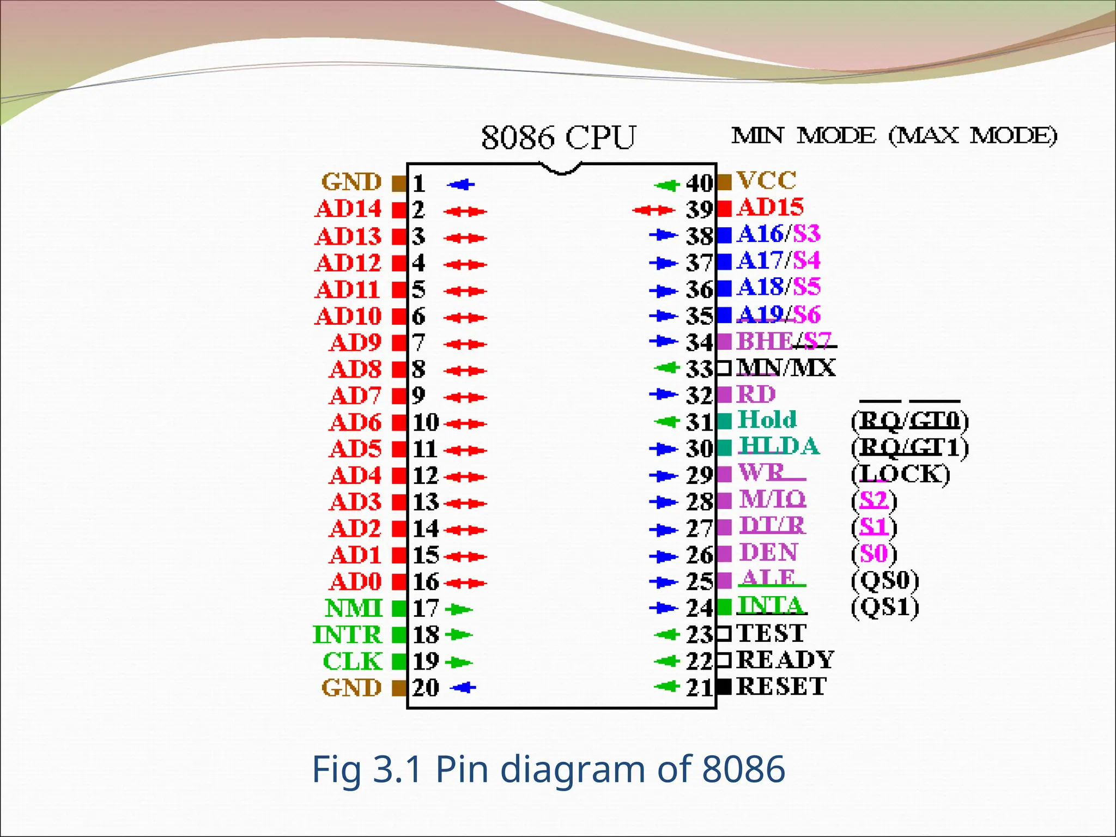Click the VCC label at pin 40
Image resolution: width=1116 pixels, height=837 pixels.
[x=766, y=180]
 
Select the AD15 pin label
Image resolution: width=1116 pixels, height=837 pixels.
[x=771, y=207]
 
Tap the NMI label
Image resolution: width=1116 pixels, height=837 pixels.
[x=354, y=608]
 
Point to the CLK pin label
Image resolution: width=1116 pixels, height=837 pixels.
[x=353, y=662]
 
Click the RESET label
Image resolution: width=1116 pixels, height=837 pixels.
[x=781, y=687]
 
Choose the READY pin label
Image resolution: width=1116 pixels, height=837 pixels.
[x=785, y=660]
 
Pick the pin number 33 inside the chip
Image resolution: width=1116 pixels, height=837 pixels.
[x=699, y=369]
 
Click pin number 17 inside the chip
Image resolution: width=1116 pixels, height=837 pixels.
[x=426, y=609]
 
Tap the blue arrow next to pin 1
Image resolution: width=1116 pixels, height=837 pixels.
[x=461, y=185]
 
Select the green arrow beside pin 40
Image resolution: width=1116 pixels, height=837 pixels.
[x=666, y=185]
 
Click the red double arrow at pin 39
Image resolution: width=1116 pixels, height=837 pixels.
[x=653, y=210]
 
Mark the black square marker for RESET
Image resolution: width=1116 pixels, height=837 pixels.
[x=724, y=687]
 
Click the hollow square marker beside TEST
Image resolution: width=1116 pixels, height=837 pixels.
[x=724, y=633]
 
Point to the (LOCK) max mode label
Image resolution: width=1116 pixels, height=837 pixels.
[x=900, y=474]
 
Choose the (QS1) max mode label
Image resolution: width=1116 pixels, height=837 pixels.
[x=885, y=607]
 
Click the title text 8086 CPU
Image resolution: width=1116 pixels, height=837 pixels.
[x=559, y=137]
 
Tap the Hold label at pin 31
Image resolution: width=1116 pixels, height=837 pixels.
[x=767, y=420]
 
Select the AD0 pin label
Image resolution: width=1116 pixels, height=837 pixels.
[x=355, y=581]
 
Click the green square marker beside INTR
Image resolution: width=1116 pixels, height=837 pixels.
[x=399, y=635]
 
